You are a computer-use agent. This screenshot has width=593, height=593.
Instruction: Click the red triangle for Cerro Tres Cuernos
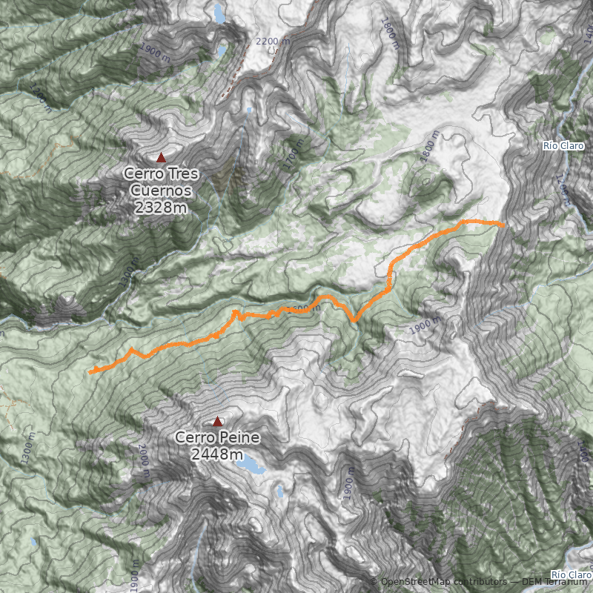161,157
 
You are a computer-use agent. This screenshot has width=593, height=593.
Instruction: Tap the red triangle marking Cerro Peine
217,422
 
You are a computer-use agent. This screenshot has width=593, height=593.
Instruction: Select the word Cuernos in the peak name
162,191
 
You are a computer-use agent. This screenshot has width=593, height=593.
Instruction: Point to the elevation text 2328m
162,207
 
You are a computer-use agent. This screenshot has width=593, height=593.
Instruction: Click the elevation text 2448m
217,454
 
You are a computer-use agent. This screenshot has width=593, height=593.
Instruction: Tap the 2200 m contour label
272,42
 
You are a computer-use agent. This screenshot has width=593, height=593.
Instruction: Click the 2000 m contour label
144,455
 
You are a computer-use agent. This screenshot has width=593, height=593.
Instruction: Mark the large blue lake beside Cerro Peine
252,466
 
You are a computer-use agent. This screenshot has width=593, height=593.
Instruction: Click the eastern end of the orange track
504,225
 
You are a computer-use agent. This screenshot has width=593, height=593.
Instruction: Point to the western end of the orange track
90,372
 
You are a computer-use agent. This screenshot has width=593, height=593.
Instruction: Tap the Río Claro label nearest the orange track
564,146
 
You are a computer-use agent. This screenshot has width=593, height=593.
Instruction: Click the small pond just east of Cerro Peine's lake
281,491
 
